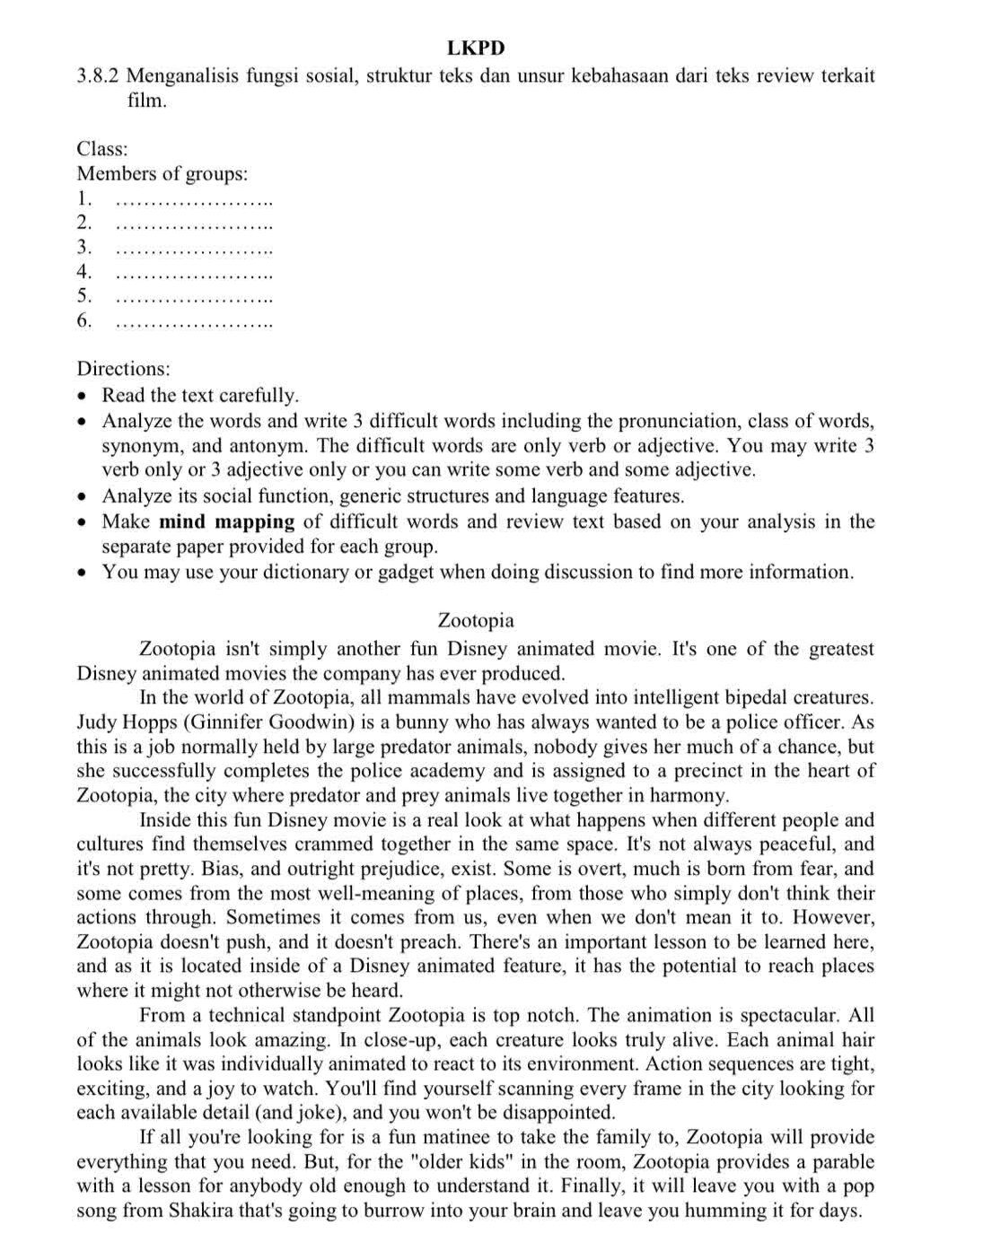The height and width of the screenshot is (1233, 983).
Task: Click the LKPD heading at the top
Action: [x=476, y=48]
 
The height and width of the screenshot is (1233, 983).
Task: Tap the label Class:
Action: [x=101, y=149]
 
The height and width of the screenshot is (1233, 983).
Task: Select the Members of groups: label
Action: [x=162, y=173]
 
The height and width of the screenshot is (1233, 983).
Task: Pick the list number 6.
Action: [x=84, y=320]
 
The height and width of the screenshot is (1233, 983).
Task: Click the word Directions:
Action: [x=123, y=368]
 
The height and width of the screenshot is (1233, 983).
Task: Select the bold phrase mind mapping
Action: [x=227, y=521]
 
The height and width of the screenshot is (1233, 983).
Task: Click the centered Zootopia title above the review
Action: [x=476, y=620]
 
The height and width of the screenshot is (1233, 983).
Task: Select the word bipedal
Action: [x=733, y=697]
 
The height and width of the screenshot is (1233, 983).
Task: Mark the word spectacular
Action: [x=790, y=1015]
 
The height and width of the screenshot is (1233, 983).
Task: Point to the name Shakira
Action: [x=204, y=1211]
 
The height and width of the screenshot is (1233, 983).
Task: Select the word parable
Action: [x=836, y=1161]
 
